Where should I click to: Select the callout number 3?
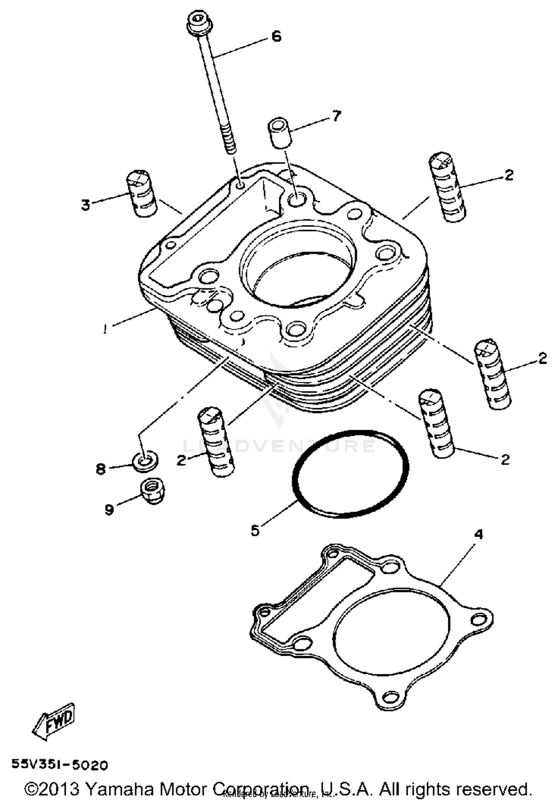86,204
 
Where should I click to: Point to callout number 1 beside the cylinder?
106,329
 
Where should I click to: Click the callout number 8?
101,469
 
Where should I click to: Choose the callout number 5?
255,531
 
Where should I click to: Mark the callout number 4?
479,534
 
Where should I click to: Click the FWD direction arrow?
54,720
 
